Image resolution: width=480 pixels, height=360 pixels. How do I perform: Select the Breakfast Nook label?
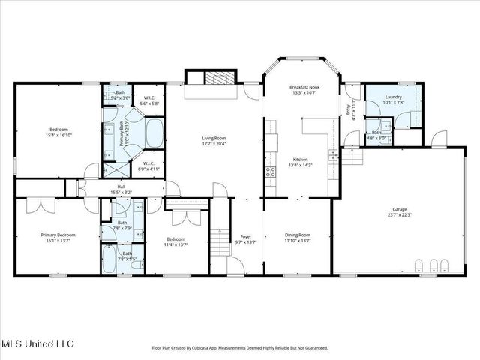[x=304, y=88]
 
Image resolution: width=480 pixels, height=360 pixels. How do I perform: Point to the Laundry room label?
[x=394, y=97]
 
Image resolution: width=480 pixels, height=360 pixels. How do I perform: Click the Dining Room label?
[x=298, y=235]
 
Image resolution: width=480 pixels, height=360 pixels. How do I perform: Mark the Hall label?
[x=121, y=187]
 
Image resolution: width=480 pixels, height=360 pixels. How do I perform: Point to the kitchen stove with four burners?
[x=270, y=173]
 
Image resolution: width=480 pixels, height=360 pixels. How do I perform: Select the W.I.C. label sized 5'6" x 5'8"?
[x=148, y=103]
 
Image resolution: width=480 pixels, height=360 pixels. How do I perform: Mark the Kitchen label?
[x=300, y=160]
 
